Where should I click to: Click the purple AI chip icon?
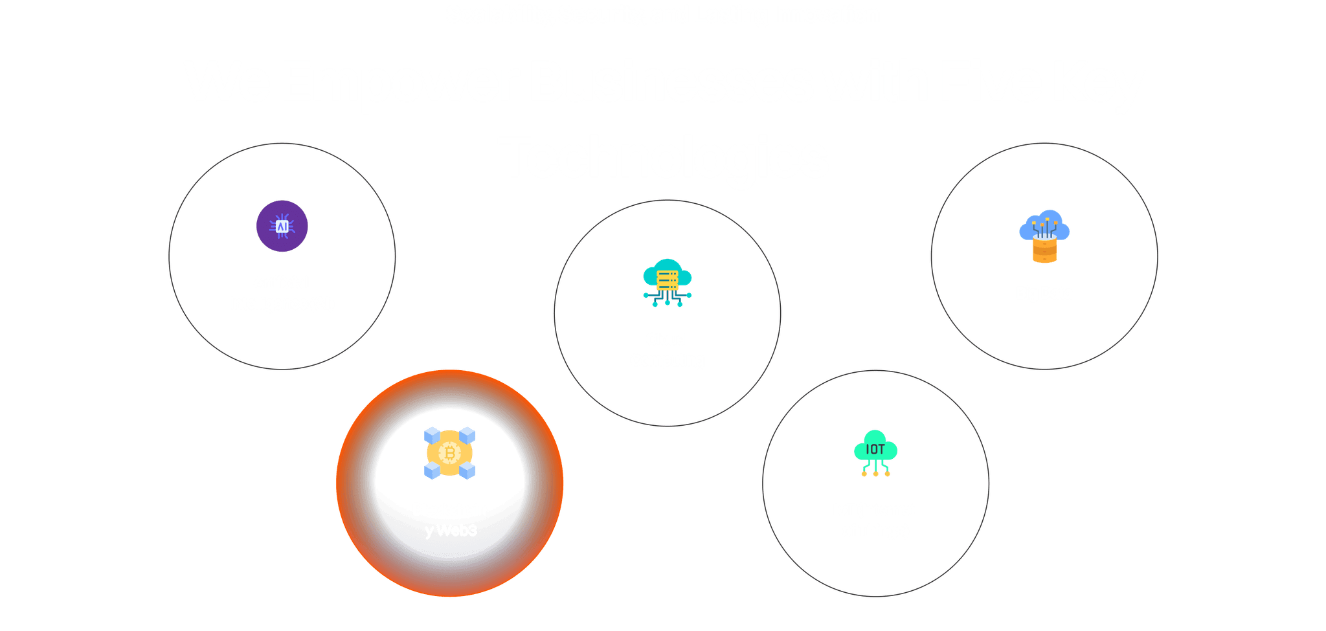pos(282,226)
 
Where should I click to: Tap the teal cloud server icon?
pos(667,282)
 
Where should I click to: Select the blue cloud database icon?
pos(1044,236)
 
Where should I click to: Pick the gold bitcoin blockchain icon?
pos(450,453)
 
